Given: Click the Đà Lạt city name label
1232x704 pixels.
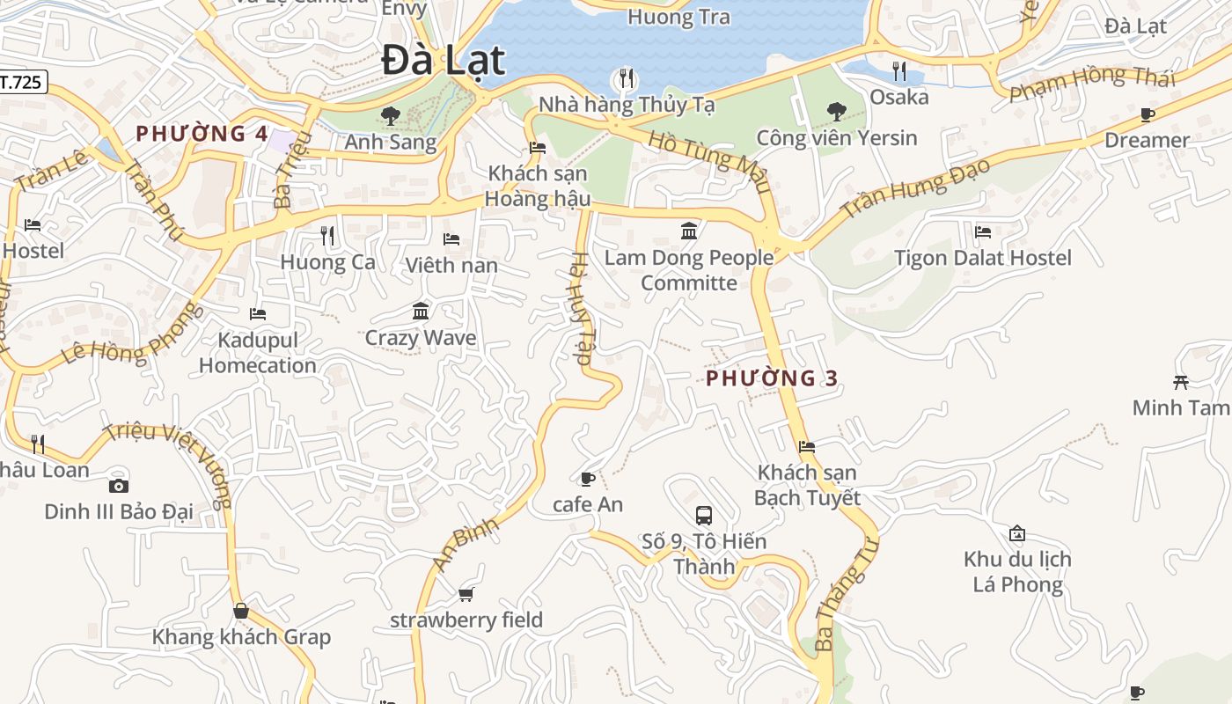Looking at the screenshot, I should pyautogui.click(x=444, y=61).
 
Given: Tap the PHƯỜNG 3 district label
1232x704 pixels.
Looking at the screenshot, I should pyautogui.click(x=772, y=378).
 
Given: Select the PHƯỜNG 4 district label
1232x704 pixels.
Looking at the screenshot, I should pyautogui.click(x=202, y=134).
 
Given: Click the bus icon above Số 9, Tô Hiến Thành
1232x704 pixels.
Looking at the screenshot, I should pyautogui.click(x=704, y=516).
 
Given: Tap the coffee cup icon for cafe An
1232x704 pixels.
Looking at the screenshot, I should pyautogui.click(x=587, y=479).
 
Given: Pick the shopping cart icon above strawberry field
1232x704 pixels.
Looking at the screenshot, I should pyautogui.click(x=466, y=595).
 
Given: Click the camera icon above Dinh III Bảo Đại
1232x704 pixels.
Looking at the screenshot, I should pyautogui.click(x=118, y=486).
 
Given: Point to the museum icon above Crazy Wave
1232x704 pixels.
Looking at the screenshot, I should pyautogui.click(x=421, y=312).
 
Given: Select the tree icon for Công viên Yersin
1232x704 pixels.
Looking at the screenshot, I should pyautogui.click(x=836, y=112).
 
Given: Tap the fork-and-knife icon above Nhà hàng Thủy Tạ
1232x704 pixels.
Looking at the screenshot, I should pyautogui.click(x=626, y=78).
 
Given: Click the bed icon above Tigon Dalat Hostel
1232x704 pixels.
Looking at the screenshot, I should pyautogui.click(x=983, y=232).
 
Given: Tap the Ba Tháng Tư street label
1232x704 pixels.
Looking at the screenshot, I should pyautogui.click(x=846, y=595).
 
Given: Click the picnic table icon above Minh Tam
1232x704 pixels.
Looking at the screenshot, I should pyautogui.click(x=1181, y=382).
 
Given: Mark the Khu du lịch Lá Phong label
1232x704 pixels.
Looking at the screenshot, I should pyautogui.click(x=1017, y=571).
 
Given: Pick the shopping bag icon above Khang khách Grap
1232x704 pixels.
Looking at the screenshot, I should pyautogui.click(x=241, y=611).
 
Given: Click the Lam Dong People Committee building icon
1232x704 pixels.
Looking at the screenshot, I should pyautogui.click(x=689, y=231).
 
